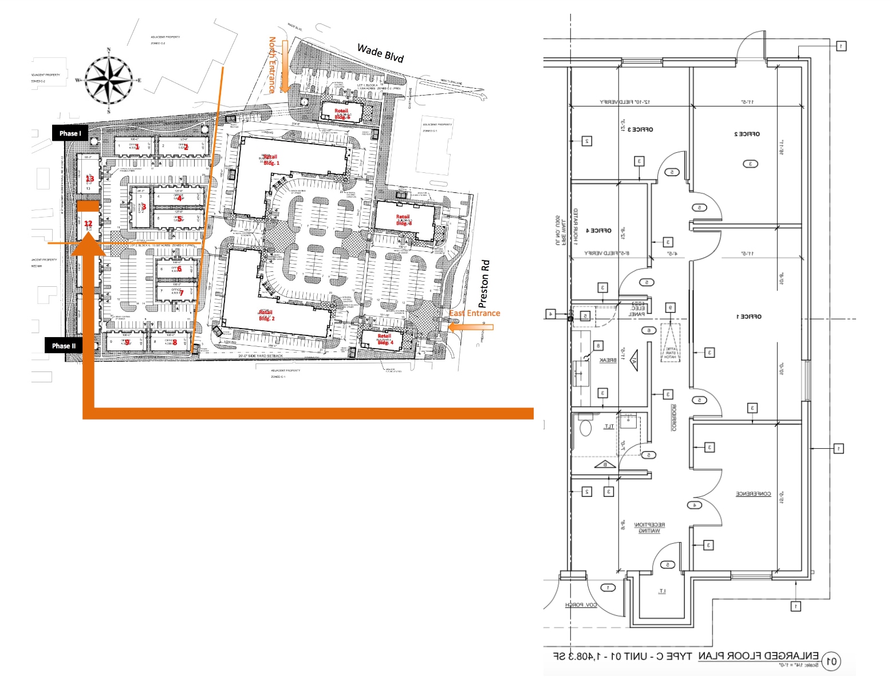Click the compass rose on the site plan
[108, 80]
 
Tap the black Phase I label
[70, 133]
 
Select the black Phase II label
[64, 346]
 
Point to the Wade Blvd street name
[380, 53]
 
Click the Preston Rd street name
[484, 284]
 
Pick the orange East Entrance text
[474, 313]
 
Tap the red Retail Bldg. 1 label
[271, 160]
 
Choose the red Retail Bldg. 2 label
[266, 315]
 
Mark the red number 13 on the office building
[89, 179]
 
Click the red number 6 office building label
[179, 268]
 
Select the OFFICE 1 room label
[748, 317]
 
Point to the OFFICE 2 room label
[747, 134]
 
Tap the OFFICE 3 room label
[640, 129]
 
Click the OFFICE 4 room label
[598, 230]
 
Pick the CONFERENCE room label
[753, 493]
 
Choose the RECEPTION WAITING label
[649, 528]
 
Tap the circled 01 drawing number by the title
[831, 662]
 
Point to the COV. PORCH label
[581, 604]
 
